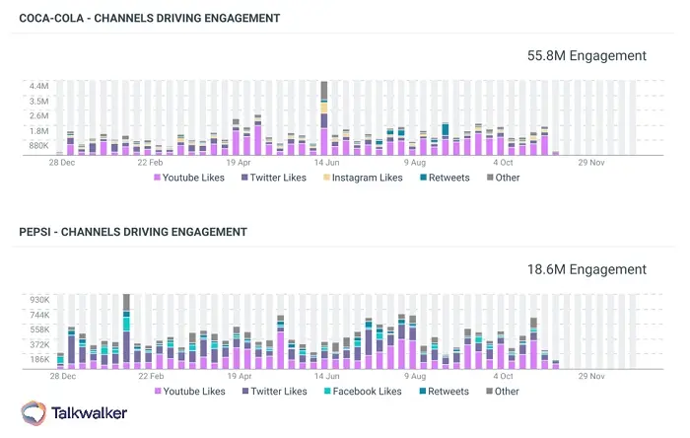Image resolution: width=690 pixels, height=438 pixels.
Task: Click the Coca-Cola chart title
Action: [x=150, y=18]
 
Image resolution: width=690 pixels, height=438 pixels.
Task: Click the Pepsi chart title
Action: [x=133, y=232]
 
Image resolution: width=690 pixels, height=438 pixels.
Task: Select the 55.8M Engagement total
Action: [x=587, y=56]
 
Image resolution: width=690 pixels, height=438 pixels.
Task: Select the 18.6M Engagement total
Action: [x=587, y=269]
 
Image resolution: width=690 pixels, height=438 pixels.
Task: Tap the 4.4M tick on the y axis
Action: [x=38, y=86]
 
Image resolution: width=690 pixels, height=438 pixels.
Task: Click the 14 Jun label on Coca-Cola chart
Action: [x=327, y=162]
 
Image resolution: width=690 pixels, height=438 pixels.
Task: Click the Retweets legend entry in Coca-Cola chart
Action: [x=448, y=178]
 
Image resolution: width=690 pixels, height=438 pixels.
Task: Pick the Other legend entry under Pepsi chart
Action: [x=500, y=392]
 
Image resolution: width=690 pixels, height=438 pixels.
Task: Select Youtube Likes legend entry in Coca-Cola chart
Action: [x=188, y=178]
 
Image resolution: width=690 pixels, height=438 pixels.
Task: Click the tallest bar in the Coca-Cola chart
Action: [x=323, y=118]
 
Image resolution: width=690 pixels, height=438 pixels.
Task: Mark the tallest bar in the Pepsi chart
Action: [x=126, y=330]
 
